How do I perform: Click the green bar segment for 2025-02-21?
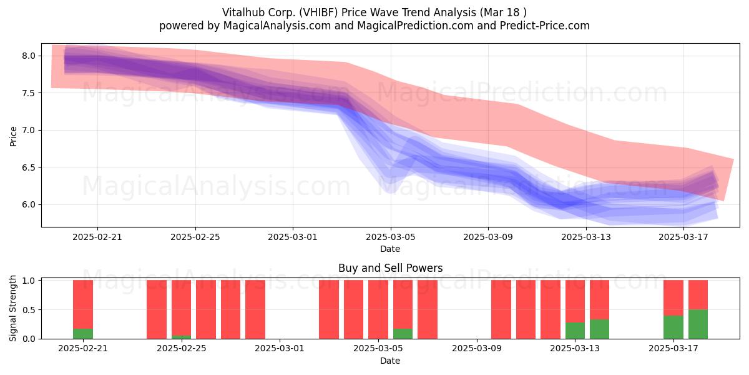83,334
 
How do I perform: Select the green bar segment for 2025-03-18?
698,324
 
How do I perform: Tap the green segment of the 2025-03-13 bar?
575,331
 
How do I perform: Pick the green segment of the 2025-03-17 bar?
673,327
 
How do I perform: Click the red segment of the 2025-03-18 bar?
698,294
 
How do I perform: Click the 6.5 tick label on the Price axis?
29,167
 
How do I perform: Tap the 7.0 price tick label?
29,130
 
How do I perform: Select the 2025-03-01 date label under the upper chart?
293,237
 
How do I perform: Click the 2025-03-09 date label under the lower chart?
476,349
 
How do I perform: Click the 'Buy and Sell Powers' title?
390,268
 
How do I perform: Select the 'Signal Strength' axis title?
12,308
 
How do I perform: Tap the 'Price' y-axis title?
13,136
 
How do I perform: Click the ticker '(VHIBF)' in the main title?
318,12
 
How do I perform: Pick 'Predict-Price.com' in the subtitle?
545,26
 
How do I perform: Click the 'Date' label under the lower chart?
390,361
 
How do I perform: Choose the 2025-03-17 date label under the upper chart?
683,237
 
